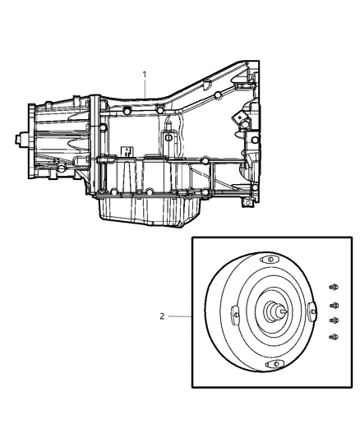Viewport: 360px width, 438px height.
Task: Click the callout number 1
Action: (x=145, y=75)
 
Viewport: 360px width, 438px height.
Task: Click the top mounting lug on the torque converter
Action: (x=265, y=260)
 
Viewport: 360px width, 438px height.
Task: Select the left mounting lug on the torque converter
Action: (x=234, y=315)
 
